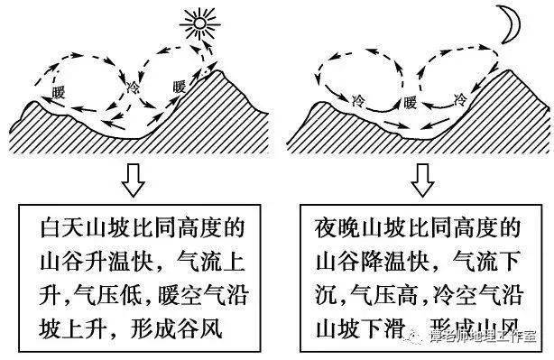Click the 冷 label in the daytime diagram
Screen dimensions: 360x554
[135, 88]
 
